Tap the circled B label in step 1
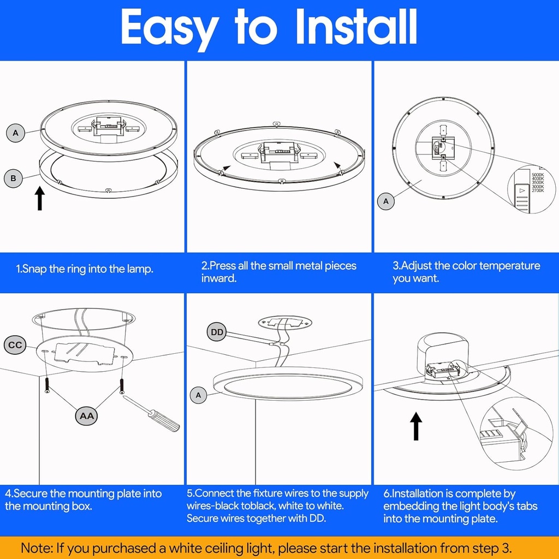pos(14,178)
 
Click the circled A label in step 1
pos(15,133)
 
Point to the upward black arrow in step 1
pos(40,198)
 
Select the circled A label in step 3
pos(386,201)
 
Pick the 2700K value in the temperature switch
pos(537,191)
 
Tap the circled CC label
pos(15,345)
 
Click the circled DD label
pos(217,331)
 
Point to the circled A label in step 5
pos(198,395)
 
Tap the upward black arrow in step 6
pos(416,426)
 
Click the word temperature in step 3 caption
pos(506,266)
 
